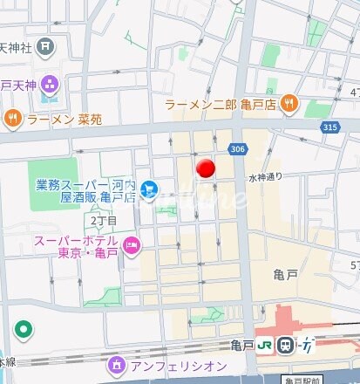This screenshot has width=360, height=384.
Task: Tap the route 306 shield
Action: click(x=237, y=149)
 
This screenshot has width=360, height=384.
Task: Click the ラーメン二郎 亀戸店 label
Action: click(x=221, y=105)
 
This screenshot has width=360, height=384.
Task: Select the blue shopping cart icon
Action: click(x=149, y=188)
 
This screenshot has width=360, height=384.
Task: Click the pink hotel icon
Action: click(x=132, y=247)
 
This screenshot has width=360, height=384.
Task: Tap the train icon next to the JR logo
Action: click(x=285, y=346)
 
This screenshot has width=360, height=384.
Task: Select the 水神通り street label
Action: click(x=266, y=177)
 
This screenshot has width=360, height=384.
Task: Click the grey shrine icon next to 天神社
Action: click(x=44, y=45)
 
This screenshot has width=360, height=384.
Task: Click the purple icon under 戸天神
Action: click(x=48, y=85)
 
